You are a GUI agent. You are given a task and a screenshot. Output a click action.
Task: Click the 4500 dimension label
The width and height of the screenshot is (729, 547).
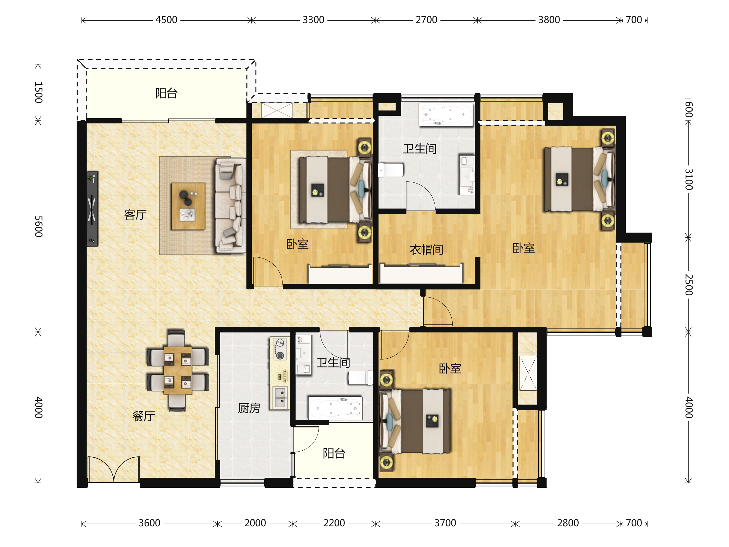[166, 20]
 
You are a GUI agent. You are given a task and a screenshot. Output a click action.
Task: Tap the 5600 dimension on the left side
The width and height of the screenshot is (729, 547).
[39, 226]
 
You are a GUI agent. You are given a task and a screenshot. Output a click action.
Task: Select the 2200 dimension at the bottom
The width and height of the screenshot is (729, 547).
[334, 523]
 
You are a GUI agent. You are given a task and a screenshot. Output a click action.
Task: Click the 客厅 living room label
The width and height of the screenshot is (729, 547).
[135, 215]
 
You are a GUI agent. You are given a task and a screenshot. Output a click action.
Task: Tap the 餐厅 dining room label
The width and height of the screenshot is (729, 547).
[144, 416]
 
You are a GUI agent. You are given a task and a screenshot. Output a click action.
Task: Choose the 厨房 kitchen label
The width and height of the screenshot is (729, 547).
[249, 408]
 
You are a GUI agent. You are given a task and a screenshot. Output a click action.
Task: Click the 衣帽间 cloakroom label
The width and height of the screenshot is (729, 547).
[426, 249]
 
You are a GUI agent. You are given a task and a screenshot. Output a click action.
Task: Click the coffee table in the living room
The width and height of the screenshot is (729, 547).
[188, 206]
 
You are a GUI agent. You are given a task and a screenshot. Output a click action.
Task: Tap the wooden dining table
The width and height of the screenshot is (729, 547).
[178, 370]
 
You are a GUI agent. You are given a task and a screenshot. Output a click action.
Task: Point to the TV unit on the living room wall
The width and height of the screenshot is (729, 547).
[92, 208]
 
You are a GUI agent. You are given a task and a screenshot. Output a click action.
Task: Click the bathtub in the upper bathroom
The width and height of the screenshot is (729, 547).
[446, 114]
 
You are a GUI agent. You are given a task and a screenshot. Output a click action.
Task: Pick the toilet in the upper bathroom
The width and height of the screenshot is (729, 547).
[391, 170]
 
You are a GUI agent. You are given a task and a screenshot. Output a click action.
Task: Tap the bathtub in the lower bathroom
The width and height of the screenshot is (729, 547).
[335, 408]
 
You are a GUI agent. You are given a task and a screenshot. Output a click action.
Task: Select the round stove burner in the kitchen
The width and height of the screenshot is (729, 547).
[280, 356]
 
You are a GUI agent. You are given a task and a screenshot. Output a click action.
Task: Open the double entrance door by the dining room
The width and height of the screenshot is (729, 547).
[114, 470]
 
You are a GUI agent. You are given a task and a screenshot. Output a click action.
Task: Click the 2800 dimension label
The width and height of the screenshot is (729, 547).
[568, 523]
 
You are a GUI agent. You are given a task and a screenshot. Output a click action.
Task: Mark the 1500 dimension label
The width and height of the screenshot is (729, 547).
[39, 93]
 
